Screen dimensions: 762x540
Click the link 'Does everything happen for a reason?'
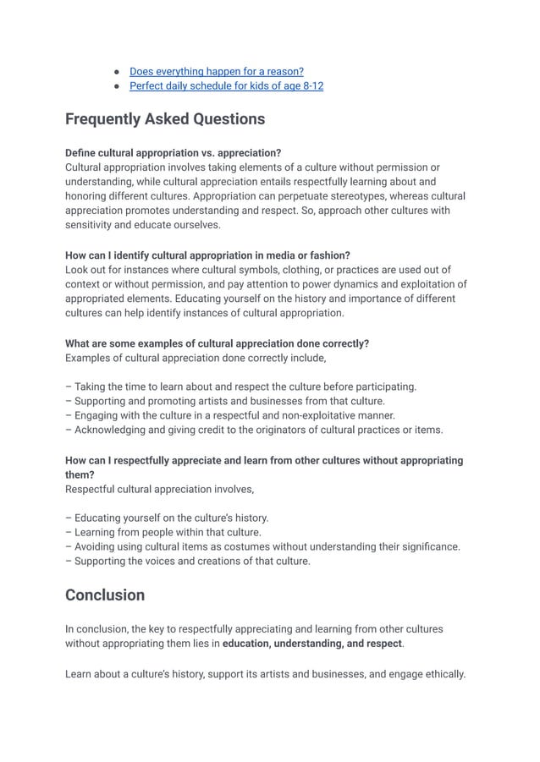(x=216, y=71)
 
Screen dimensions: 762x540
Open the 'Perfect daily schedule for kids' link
(x=226, y=86)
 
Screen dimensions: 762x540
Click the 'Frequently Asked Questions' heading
(x=165, y=119)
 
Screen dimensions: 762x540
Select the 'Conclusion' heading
(x=105, y=595)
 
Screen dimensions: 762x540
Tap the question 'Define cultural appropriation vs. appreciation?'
(x=173, y=153)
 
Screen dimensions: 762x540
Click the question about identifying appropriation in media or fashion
(x=207, y=255)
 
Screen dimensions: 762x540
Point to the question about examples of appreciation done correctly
(x=217, y=343)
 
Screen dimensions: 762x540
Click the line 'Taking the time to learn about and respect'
(x=240, y=386)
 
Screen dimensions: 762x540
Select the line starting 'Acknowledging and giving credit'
(x=254, y=430)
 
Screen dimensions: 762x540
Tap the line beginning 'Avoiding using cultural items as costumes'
(x=262, y=546)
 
